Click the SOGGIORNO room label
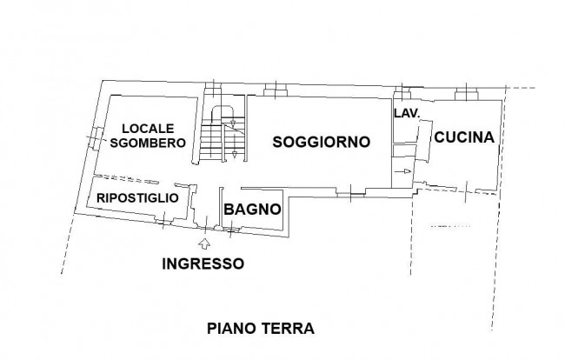coord(322,142)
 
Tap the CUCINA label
coord(464,137)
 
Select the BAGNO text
coord(252,210)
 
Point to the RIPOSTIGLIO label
coord(137,197)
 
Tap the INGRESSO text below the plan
coord(203,263)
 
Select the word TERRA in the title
coord(266,329)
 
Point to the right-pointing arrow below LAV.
coord(407,172)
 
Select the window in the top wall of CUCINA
coord(467,90)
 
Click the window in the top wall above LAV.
coord(402,90)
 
